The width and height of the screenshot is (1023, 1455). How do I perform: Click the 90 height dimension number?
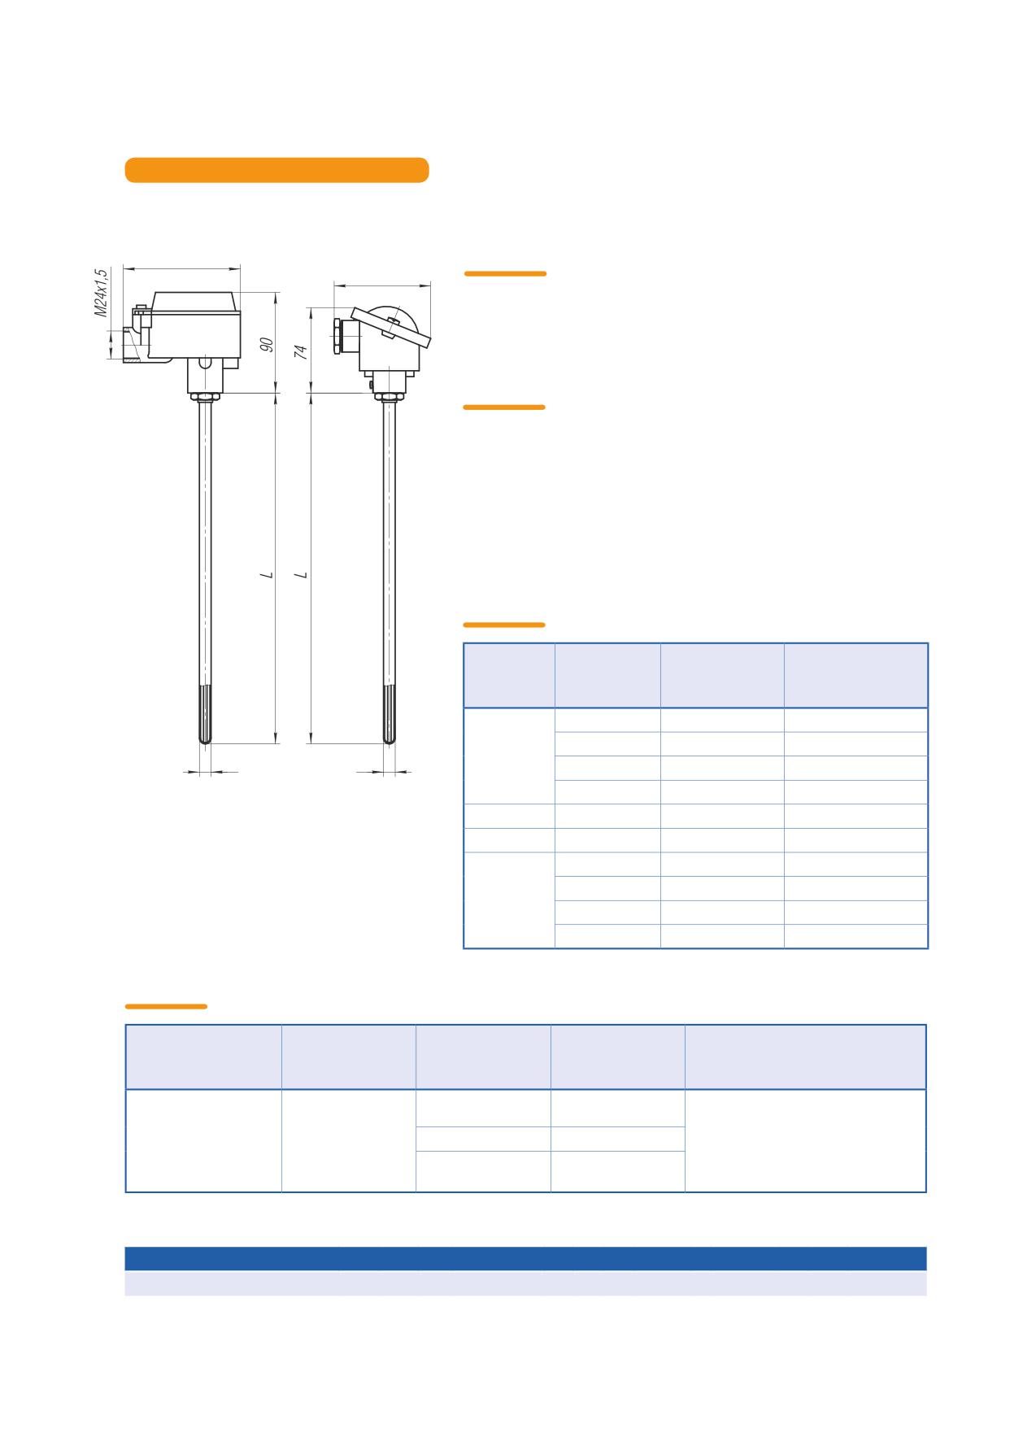[266, 345]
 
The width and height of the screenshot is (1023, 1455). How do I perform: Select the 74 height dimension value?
[301, 351]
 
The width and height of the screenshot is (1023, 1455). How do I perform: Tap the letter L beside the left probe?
[266, 575]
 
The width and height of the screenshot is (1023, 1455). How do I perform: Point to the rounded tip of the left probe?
[205, 740]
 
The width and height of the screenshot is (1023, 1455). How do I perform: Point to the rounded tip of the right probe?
[390, 740]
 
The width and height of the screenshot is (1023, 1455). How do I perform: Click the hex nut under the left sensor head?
[205, 398]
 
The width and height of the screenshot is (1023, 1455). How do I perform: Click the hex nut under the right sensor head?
[390, 398]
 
